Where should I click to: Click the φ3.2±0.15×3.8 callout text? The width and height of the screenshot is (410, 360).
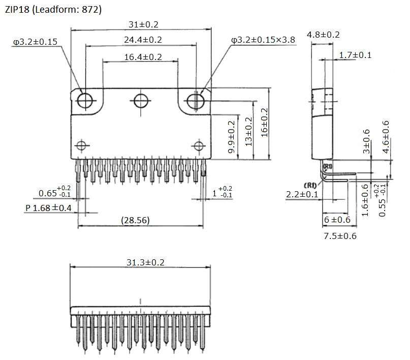point(263,40)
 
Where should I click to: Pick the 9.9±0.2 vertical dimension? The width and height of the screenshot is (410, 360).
point(232,137)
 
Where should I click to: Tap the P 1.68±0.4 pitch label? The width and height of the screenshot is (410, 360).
point(48,208)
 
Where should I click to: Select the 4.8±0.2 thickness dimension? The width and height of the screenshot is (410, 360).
point(323,35)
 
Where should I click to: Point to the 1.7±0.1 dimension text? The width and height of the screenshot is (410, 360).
point(355,55)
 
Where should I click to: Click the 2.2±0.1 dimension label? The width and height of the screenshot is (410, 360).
point(302,194)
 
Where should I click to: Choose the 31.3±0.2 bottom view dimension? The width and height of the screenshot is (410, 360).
point(140,262)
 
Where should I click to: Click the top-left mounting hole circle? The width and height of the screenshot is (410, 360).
point(85,101)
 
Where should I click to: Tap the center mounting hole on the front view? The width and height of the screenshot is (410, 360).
point(140,101)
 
